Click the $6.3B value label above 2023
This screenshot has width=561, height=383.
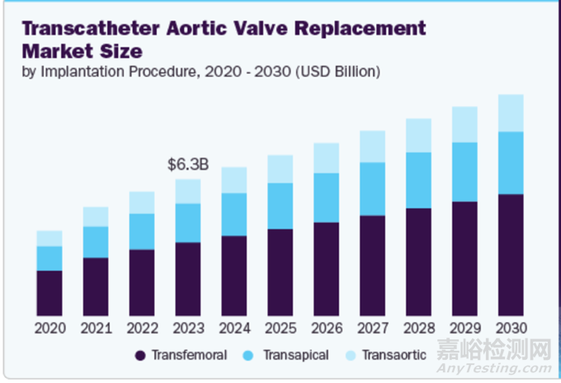tap(188, 165)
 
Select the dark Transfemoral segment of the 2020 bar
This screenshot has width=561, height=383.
tap(49, 293)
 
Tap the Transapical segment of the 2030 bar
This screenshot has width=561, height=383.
tap(511, 163)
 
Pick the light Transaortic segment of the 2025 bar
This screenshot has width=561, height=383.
tap(280, 168)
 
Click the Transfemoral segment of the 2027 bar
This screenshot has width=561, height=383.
tap(372, 266)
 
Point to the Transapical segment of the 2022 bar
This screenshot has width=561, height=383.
tap(142, 231)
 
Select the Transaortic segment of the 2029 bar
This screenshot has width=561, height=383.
tap(464, 124)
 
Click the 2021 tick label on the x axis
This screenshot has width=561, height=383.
tap(96, 328)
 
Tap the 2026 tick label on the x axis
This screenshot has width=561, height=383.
tap(326, 328)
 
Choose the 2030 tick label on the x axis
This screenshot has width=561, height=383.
tap(511, 328)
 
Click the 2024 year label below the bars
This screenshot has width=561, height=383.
tap(233, 328)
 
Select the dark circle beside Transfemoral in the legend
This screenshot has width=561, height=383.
tap(140, 356)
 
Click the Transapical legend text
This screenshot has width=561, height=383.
tap(295, 355)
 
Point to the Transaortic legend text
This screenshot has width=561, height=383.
tap(394, 355)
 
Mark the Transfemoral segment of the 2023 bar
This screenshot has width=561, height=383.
tap(188, 279)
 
